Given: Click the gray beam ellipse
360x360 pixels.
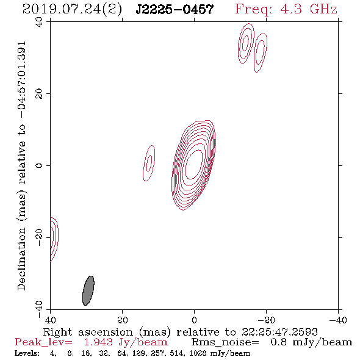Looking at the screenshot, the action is (x=88, y=290).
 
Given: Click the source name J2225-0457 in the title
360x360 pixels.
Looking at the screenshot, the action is (x=175, y=10).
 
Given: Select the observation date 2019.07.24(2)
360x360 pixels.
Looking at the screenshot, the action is (x=72, y=10).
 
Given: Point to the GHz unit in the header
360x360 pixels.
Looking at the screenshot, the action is (x=323, y=9).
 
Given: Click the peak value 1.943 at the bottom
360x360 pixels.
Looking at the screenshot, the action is (x=98, y=342).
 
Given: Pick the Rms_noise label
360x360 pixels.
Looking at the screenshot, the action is (x=225, y=342).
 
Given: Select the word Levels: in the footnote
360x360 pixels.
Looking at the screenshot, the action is (x=27, y=353).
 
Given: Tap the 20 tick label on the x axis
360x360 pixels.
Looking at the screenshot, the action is (x=122, y=320).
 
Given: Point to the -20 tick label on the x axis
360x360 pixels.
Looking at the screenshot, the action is (x=266, y=320).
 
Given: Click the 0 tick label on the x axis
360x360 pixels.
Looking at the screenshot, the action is (x=194, y=320).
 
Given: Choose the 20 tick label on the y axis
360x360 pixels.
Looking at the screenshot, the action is (x=39, y=94).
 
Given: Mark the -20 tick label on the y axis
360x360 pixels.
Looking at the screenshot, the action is (x=39, y=237).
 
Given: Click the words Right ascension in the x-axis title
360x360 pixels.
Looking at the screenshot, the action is (x=88, y=332).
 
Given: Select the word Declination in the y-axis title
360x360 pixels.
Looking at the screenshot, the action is (x=21, y=259).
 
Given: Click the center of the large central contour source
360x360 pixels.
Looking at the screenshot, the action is (x=194, y=165).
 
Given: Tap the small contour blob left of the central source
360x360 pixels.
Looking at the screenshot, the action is (x=149, y=163).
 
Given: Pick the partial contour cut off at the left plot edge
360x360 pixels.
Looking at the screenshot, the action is (x=54, y=239).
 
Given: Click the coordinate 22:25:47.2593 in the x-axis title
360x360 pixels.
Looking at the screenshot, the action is (x=279, y=332).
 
